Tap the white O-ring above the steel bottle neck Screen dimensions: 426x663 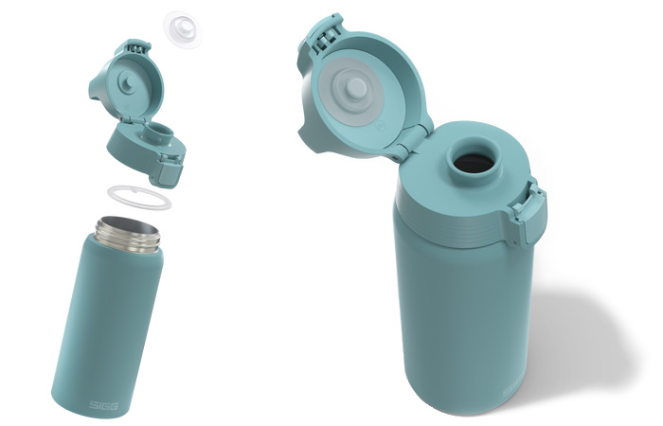click(x=138, y=198)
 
